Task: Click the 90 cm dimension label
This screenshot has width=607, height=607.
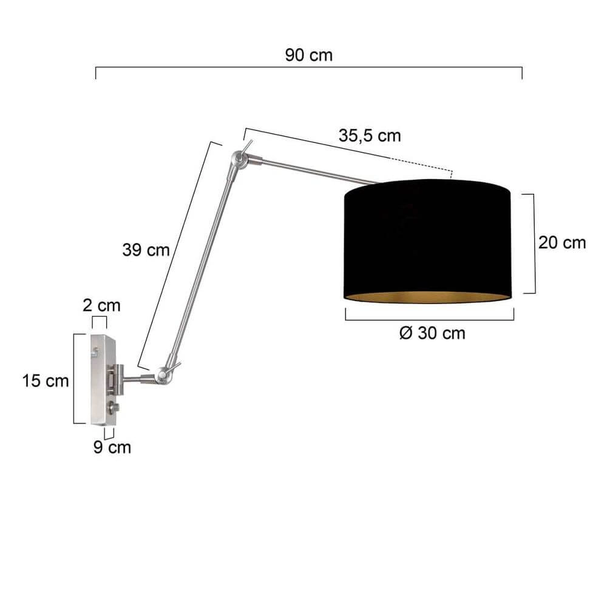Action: coord(309,55)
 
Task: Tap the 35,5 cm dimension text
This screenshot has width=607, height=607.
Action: coord(370,135)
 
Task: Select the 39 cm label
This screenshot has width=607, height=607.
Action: coord(146,250)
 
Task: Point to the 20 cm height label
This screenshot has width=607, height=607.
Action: coord(562,243)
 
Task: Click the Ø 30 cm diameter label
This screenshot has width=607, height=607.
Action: coord(432,333)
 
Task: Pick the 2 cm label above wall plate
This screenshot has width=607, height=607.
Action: coord(101,305)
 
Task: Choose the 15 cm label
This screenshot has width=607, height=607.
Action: coord(45,381)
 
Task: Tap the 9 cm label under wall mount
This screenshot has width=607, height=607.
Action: coord(112,448)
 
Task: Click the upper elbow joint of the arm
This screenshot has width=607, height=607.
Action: coord(237,160)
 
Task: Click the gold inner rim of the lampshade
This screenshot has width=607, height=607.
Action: coord(428,296)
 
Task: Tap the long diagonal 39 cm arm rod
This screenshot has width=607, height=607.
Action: coord(200,267)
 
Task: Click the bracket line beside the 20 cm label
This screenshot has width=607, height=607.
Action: coord(534,243)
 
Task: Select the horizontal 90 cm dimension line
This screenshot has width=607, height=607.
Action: coord(309,68)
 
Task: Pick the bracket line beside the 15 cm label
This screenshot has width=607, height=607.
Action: coord(75,378)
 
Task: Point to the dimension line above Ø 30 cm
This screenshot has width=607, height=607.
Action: coord(430,320)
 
